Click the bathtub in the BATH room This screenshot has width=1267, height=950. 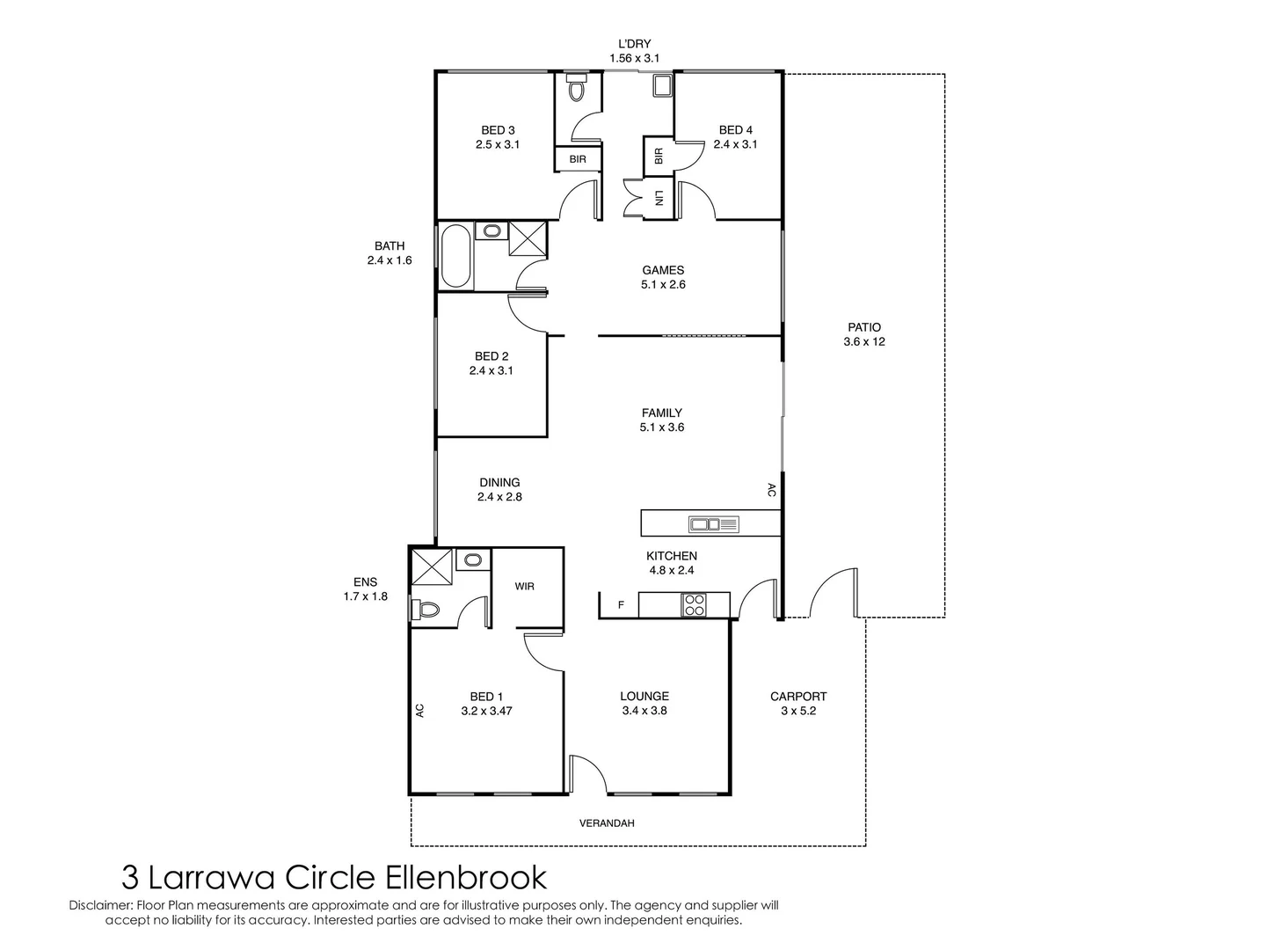[x=455, y=255]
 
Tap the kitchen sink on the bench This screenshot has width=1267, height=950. [x=713, y=524]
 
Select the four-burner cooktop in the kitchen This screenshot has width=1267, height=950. [x=693, y=604]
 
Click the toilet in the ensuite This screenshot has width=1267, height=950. [x=425, y=610]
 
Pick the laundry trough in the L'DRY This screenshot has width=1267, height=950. [x=662, y=85]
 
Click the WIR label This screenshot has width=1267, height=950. [x=524, y=586]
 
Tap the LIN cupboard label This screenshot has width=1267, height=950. [x=659, y=198]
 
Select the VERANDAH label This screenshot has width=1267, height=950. [x=607, y=823]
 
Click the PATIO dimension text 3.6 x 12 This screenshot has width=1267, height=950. [x=863, y=341]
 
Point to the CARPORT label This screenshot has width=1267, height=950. [x=798, y=697]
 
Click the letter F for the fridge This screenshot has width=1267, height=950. [x=621, y=605]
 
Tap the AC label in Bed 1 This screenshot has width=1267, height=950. [x=419, y=711]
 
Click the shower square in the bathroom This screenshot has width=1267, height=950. [x=527, y=237]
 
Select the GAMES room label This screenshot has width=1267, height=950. [x=663, y=270]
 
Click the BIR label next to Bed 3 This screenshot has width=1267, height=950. [x=577, y=159]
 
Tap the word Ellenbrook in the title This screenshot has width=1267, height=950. [x=465, y=879]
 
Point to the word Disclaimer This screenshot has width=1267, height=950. [x=101, y=905]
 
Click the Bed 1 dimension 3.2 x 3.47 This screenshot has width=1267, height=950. [x=486, y=711]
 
